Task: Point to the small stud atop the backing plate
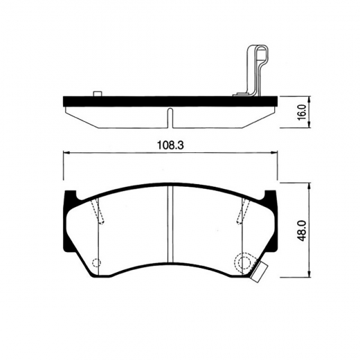point(97,93)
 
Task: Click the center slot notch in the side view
point(170,116)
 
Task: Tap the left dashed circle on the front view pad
point(96,262)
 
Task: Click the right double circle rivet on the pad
point(243,262)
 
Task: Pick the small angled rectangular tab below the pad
point(260,272)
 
